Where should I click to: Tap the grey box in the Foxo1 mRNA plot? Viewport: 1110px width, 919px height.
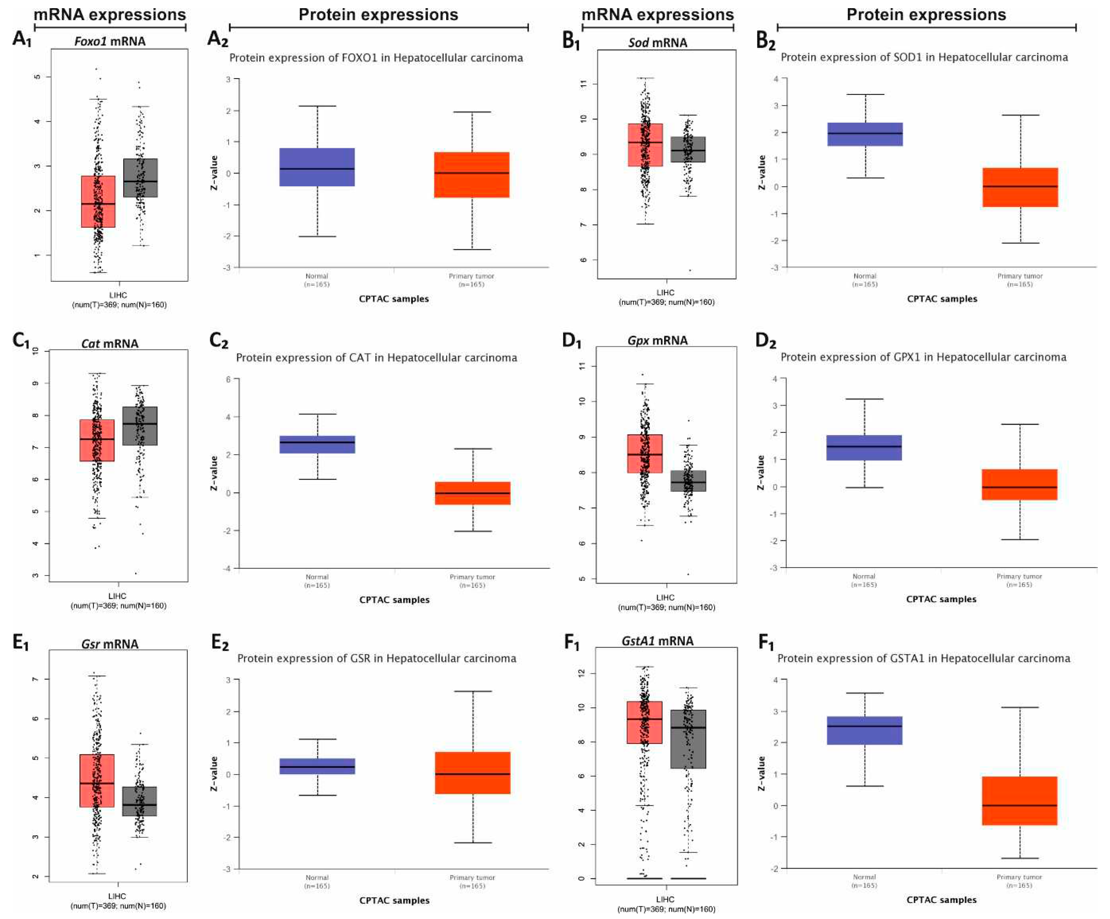coord(140,178)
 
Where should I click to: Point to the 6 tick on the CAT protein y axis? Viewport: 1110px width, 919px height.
coord(228,379)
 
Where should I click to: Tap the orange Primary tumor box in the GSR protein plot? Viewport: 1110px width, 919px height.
coord(472,772)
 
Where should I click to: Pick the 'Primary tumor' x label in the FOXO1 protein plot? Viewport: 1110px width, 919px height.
coord(472,276)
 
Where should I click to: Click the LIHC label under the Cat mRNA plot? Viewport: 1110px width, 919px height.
coord(117,596)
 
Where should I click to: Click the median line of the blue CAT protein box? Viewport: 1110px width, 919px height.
coord(317,442)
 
